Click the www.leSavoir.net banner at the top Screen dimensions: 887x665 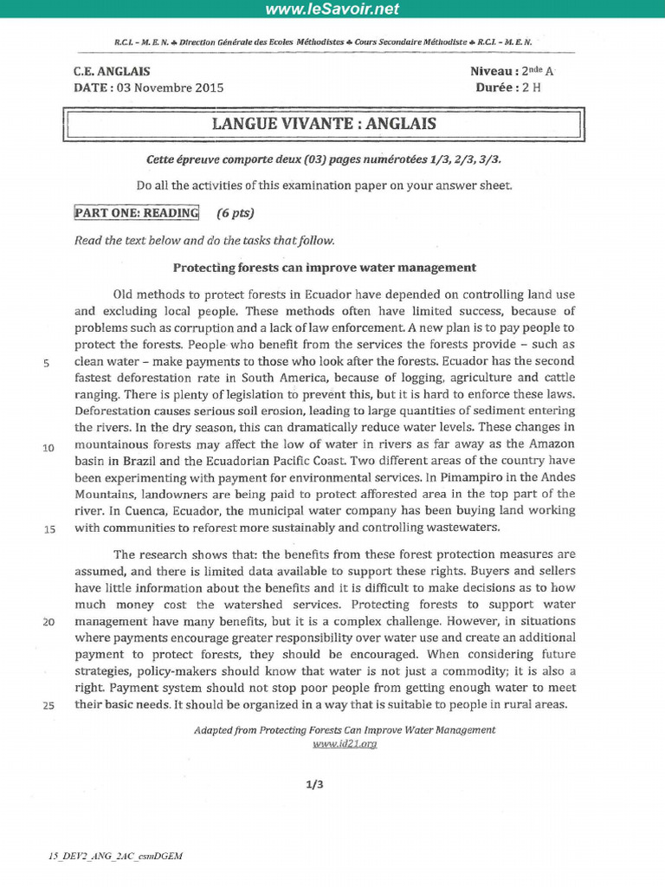pos(332,10)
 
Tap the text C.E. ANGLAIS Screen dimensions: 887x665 pos(112,72)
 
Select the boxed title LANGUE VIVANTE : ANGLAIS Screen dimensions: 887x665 pos(324,123)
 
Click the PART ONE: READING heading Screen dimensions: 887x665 pos(136,213)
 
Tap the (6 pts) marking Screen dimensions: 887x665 pos(236,213)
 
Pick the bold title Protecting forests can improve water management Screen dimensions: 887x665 pos(325,268)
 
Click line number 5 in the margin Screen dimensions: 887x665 pos(46,364)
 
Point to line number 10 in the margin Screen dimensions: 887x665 pos(48,448)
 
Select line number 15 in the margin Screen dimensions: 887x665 pos(48,529)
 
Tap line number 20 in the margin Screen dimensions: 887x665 pos(48,622)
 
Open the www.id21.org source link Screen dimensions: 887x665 pos(344,743)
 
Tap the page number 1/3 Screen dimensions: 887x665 pos(314,785)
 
